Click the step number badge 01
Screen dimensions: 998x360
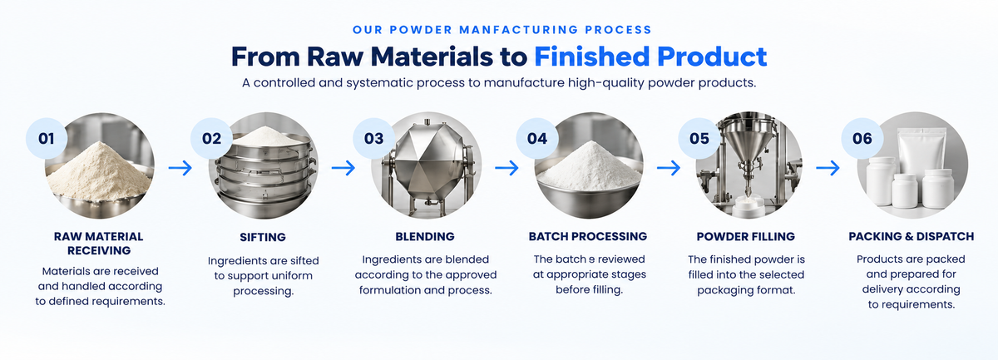click(47, 139)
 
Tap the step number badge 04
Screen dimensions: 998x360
click(537, 139)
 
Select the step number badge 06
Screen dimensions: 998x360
click(862, 139)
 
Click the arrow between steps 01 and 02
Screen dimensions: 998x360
click(180, 168)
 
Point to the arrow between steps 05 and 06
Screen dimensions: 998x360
click(828, 168)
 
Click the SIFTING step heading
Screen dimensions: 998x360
click(263, 237)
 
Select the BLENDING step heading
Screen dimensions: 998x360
click(425, 237)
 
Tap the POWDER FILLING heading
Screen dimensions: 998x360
click(746, 237)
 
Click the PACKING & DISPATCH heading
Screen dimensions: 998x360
click(912, 237)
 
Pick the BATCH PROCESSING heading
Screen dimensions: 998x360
click(588, 237)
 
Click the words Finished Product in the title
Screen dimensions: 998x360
click(650, 57)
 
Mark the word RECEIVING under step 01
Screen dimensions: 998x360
click(99, 250)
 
